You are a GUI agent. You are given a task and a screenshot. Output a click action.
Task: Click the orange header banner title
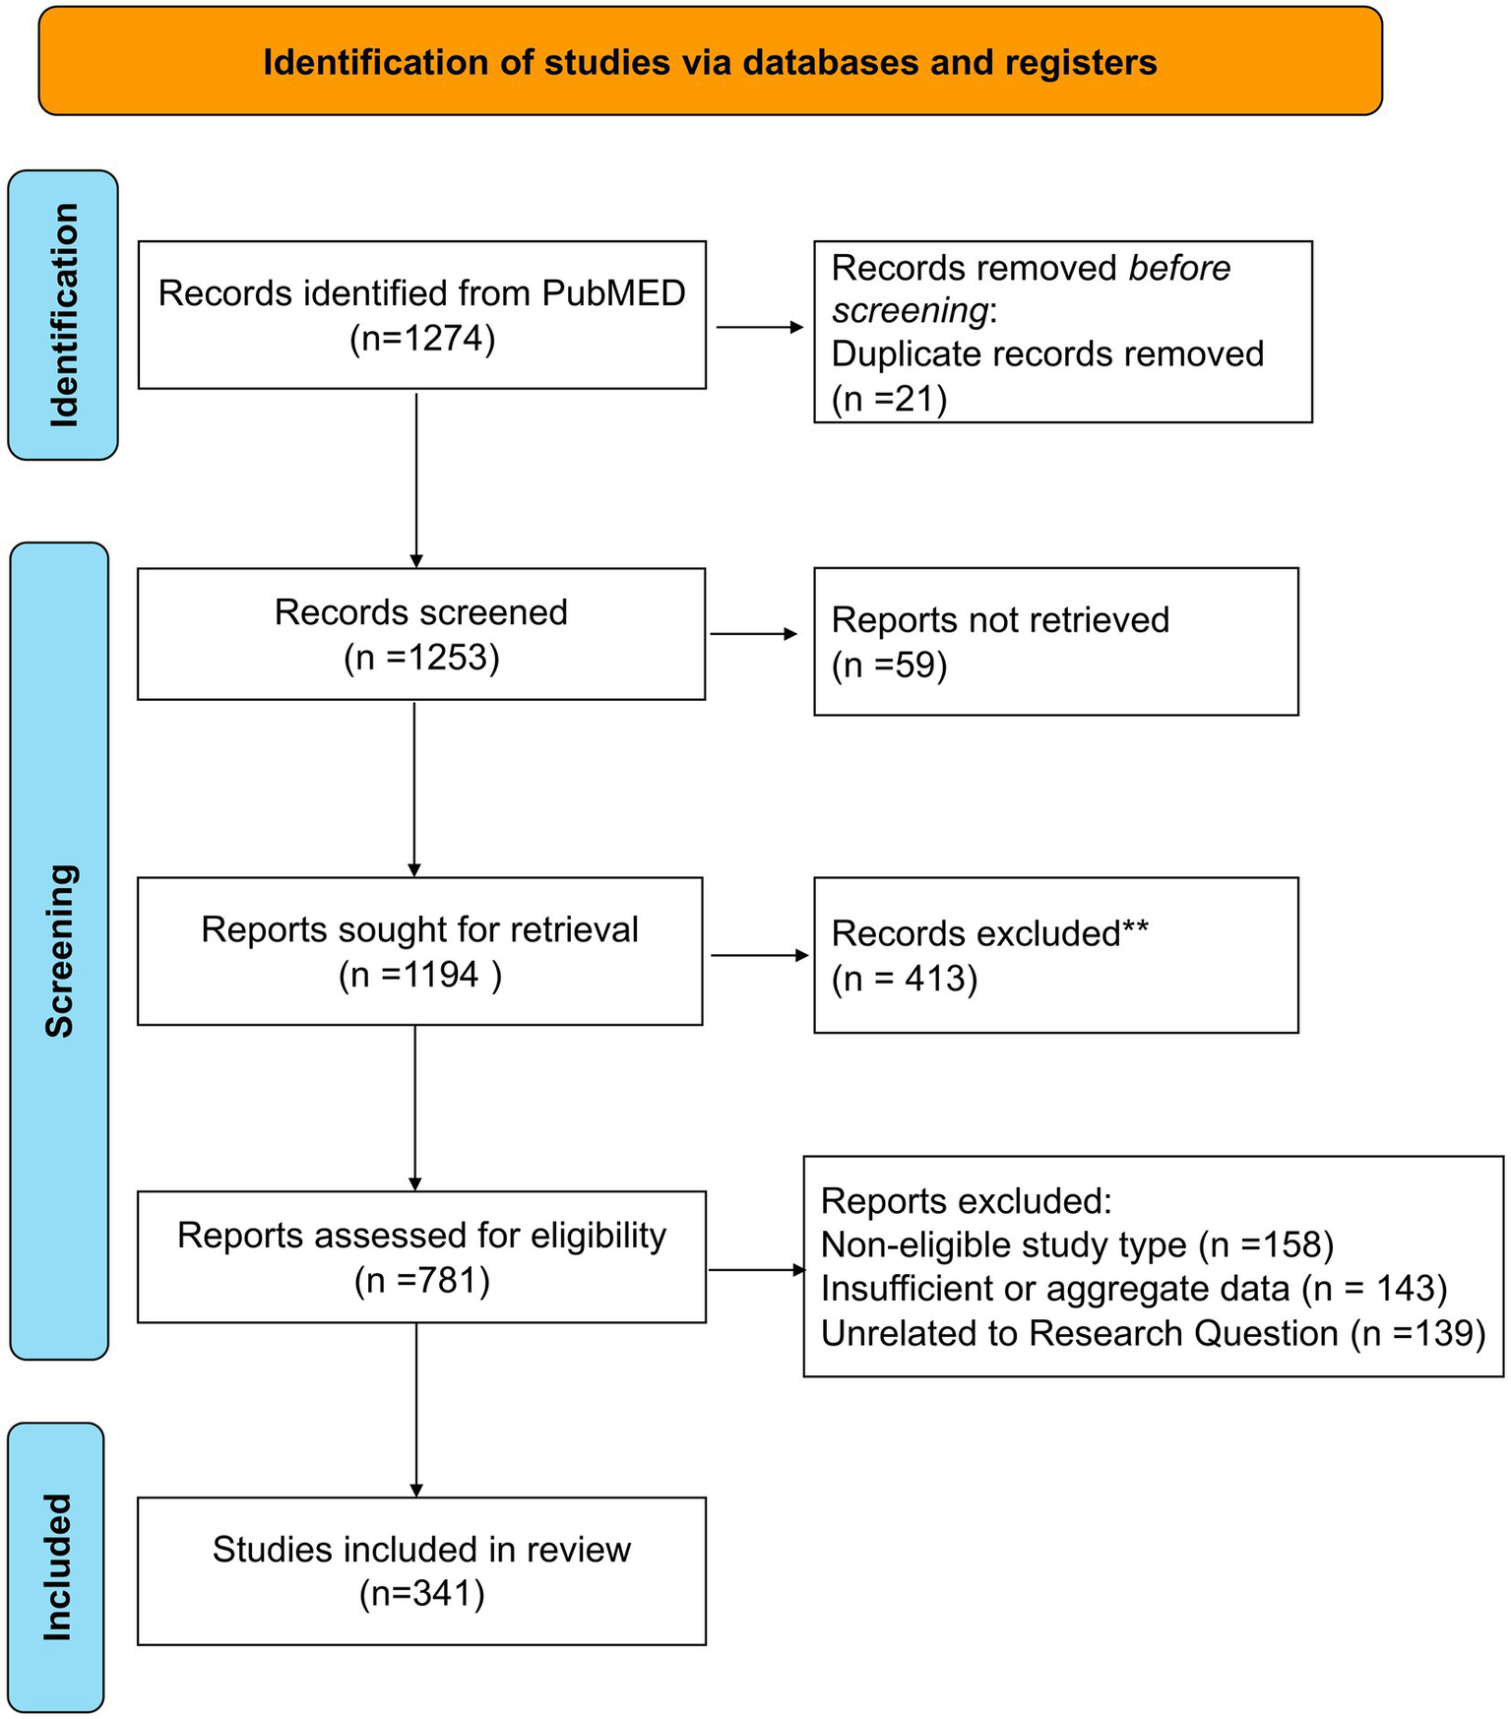tap(710, 62)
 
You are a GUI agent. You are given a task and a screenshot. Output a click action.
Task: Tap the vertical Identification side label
tap(63, 315)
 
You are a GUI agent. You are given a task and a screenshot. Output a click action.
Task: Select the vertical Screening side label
tap(59, 951)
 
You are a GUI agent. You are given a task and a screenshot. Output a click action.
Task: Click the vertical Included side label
tap(57, 1567)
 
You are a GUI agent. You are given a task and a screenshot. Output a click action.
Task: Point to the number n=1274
tap(422, 339)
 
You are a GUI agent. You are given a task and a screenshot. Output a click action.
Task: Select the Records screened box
tap(421, 634)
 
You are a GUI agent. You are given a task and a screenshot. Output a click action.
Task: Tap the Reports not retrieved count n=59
tap(889, 666)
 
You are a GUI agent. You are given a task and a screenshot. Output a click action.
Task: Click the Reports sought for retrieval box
tap(420, 951)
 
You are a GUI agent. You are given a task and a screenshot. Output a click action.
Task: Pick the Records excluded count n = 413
tap(905, 979)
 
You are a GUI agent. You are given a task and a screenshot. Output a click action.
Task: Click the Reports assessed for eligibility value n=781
tap(422, 1280)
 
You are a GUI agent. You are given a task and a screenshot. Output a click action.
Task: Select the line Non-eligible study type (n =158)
tap(1077, 1244)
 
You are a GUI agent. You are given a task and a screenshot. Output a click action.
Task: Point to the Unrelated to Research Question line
tap(1153, 1333)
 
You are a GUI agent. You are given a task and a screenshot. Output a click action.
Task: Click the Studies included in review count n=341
tap(422, 1594)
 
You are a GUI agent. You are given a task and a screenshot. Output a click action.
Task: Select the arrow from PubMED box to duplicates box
tap(759, 327)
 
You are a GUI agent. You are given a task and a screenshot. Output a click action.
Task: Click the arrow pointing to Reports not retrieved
tap(754, 634)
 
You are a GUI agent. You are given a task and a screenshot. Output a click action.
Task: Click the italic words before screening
tap(1031, 288)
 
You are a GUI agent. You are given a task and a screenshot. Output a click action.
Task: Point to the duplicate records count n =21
tap(889, 399)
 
